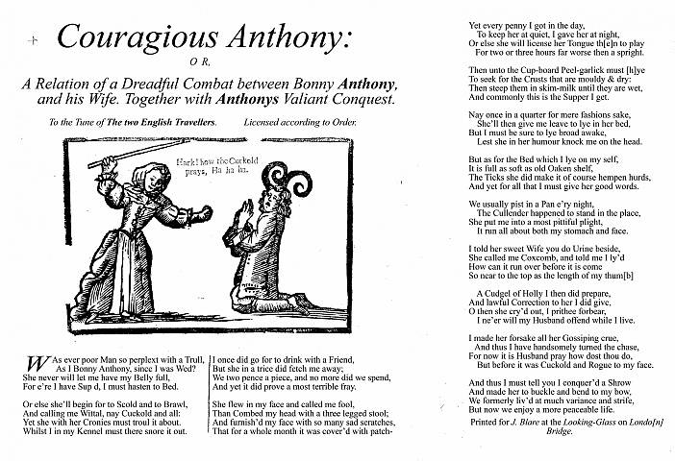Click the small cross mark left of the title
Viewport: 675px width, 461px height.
[x=34, y=40]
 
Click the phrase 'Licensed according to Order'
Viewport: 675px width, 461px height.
[x=300, y=123]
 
